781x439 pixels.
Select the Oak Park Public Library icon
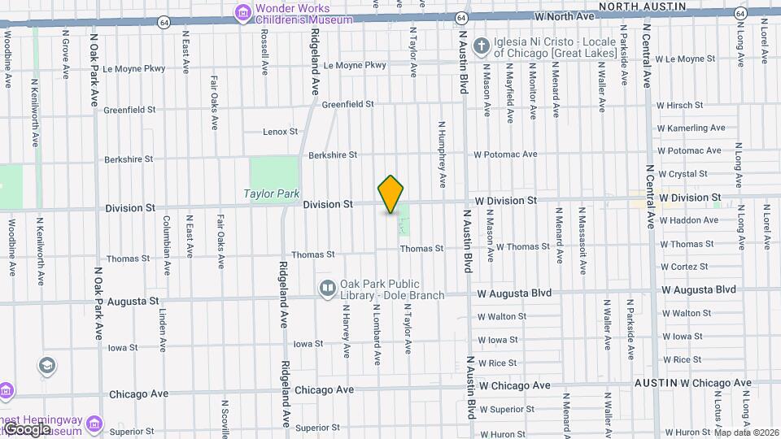tap(327, 287)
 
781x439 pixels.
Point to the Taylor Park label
tap(272, 193)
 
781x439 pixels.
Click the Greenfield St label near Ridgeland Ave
tap(347, 104)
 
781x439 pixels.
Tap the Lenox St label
tap(281, 131)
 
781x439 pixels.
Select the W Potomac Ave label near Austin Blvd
tap(506, 154)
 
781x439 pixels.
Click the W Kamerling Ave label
tap(691, 128)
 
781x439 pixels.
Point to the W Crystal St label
tap(683, 174)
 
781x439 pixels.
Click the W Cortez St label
tap(684, 267)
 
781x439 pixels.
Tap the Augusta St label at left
tap(132, 301)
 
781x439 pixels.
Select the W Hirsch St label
tap(679, 105)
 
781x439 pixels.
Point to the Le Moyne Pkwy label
tap(355, 65)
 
